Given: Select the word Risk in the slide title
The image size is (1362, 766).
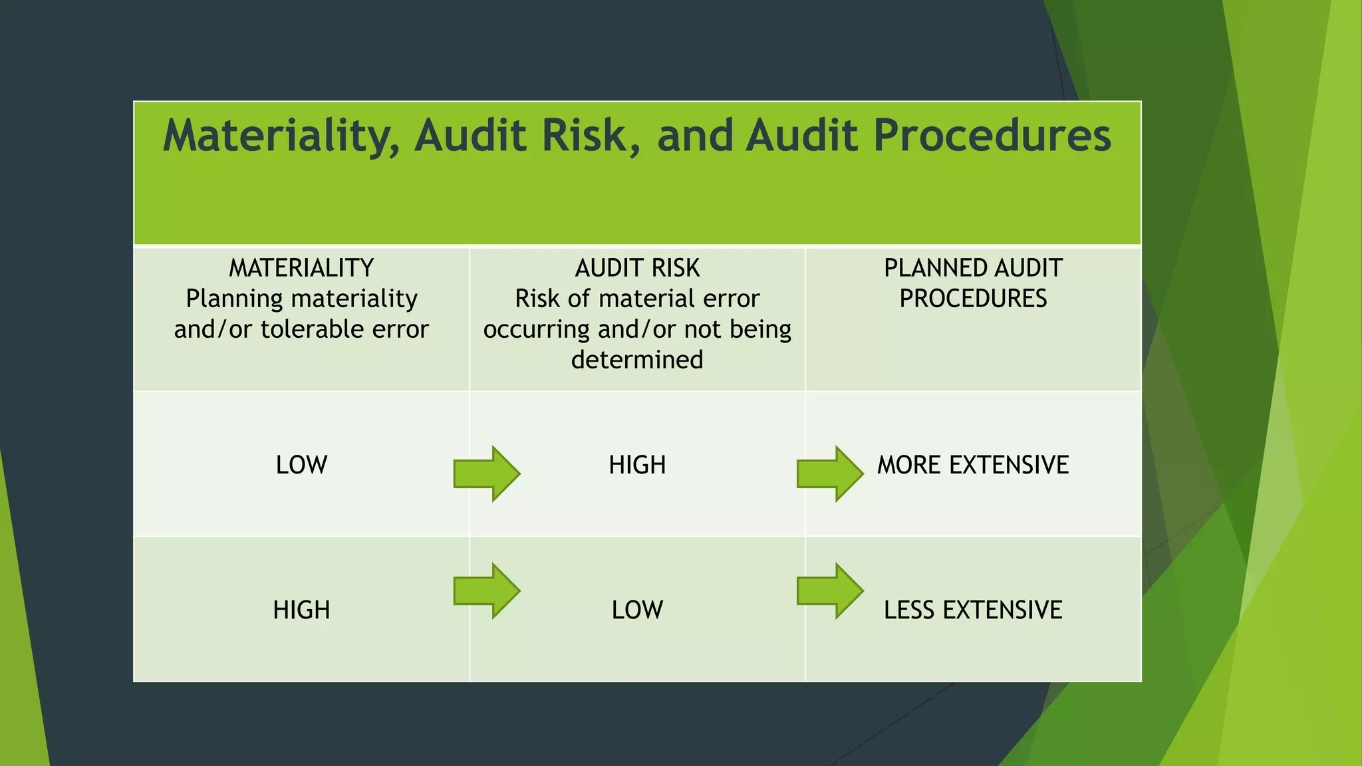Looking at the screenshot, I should coord(584,136).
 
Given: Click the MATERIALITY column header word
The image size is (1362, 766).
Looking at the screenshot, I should coord(301,268).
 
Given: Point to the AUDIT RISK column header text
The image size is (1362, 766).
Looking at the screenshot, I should coord(637,268).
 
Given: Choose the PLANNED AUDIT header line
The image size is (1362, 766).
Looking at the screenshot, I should coord(973,268).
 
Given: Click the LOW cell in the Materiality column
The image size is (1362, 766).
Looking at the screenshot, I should coord(301,465).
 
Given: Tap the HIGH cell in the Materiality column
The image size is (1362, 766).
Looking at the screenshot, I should coord(301,610).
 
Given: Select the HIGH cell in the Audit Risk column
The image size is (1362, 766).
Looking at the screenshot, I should coord(637,465).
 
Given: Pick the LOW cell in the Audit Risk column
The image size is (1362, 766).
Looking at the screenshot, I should coord(637,610).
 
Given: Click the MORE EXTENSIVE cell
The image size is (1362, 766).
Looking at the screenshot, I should coord(973,465).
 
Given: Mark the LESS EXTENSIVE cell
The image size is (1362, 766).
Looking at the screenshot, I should coord(973,610).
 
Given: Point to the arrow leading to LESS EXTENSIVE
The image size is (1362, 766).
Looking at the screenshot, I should coord(830,590).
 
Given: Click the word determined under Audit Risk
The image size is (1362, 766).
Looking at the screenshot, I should coord(637,360).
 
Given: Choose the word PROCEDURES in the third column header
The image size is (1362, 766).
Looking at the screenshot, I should coord(973,299).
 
